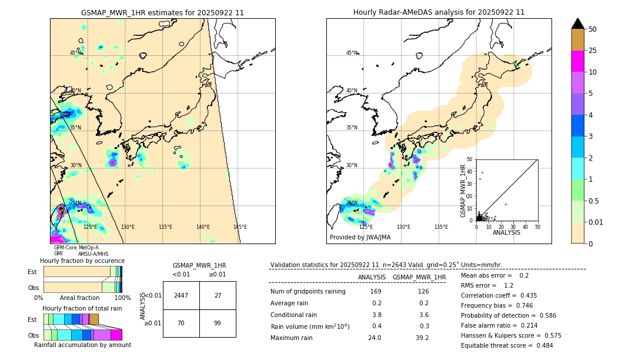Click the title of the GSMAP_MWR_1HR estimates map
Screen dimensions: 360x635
click(x=162, y=12)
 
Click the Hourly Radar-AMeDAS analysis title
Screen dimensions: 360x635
click(x=439, y=12)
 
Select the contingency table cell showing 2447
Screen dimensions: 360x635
click(x=181, y=295)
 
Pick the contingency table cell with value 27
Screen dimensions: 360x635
click(x=218, y=295)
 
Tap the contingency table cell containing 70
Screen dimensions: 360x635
click(x=181, y=323)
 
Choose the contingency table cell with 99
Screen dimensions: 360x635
click(x=218, y=323)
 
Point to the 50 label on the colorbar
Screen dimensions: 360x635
click(x=593, y=29)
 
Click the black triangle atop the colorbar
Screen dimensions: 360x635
click(x=578, y=24)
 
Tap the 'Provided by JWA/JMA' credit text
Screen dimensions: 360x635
click(x=360, y=238)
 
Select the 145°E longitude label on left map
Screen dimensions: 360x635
click(x=240, y=227)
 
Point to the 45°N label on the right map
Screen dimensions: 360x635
click(x=352, y=53)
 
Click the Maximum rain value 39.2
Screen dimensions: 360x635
click(x=422, y=338)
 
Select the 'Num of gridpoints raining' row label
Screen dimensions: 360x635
click(x=308, y=292)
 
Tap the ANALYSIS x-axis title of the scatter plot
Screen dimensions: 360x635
click(x=506, y=232)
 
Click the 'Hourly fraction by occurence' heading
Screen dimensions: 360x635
click(x=82, y=261)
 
